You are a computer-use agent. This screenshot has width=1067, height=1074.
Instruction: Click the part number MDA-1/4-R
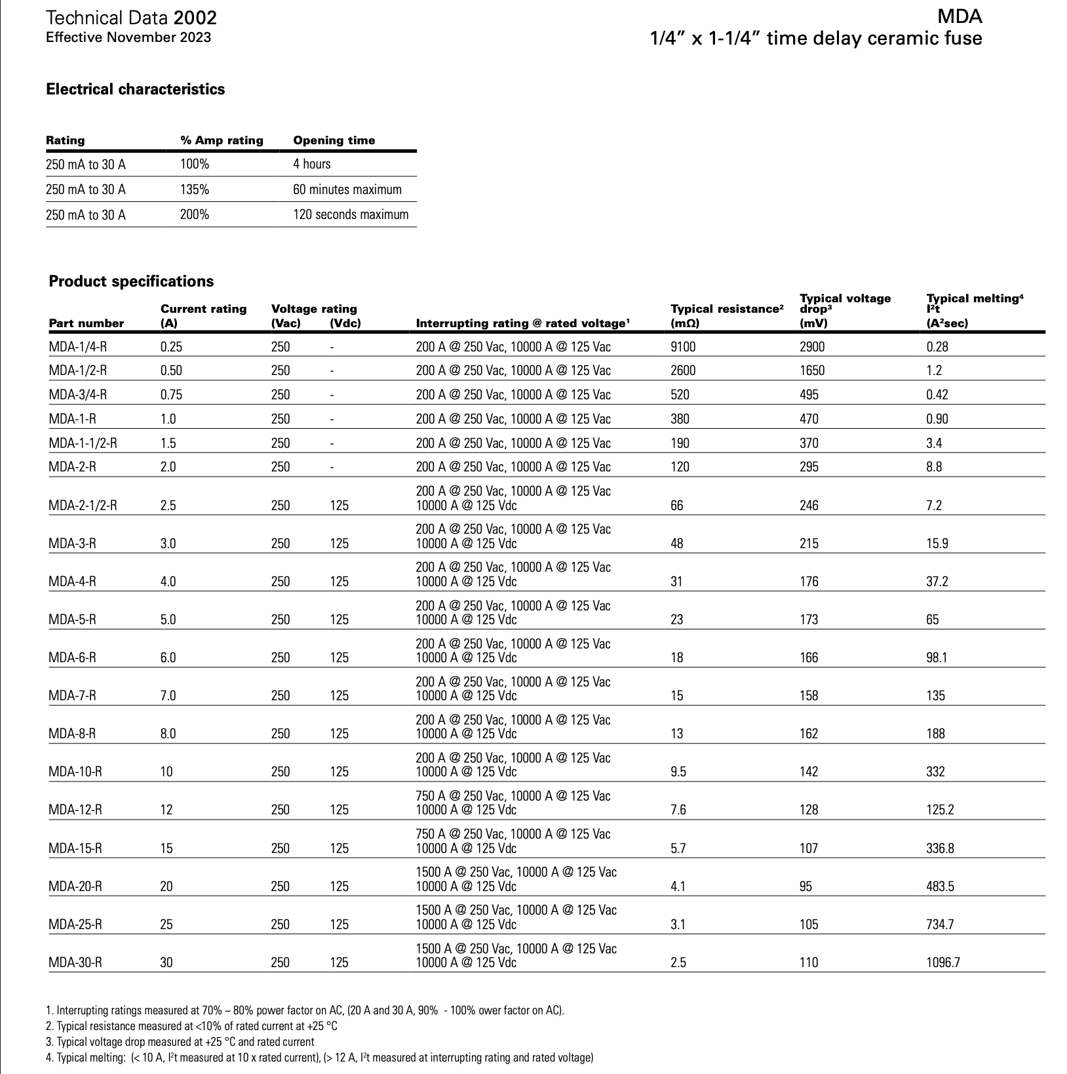pyautogui.click(x=77, y=347)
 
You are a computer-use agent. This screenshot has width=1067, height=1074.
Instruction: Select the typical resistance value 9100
pyautogui.click(x=683, y=347)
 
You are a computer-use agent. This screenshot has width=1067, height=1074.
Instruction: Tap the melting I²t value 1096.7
pyautogui.click(x=943, y=963)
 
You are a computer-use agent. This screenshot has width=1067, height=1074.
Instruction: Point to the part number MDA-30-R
pyautogui.click(x=75, y=963)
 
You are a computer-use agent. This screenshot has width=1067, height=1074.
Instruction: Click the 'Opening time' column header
pyautogui.click(x=334, y=140)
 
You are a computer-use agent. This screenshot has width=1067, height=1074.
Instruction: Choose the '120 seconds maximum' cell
pyautogui.click(x=351, y=214)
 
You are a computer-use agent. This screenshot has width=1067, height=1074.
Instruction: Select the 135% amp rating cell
pyautogui.click(x=195, y=189)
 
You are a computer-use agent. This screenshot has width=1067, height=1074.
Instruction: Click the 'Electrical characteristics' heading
pyautogui.click(x=135, y=89)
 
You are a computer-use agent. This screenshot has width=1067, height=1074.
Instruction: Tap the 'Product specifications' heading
pyautogui.click(x=131, y=281)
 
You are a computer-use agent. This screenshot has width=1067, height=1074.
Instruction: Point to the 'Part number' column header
pyautogui.click(x=86, y=323)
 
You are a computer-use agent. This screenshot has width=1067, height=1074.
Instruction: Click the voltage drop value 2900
pyautogui.click(x=812, y=347)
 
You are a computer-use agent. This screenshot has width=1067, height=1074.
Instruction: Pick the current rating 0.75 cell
pyautogui.click(x=171, y=395)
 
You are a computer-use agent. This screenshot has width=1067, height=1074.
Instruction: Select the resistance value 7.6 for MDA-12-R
pyautogui.click(x=678, y=810)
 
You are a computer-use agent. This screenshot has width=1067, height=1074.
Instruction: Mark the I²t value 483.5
pyautogui.click(x=940, y=886)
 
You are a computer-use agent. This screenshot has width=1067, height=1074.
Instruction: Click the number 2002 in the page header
pyautogui.click(x=195, y=18)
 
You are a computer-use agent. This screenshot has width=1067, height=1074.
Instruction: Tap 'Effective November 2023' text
pyautogui.click(x=128, y=37)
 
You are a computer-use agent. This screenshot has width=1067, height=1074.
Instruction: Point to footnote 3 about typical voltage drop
pyautogui.click(x=180, y=1041)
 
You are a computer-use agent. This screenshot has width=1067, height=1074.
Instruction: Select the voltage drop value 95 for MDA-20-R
pyautogui.click(x=805, y=886)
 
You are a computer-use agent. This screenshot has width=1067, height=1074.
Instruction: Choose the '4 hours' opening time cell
pyautogui.click(x=312, y=164)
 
